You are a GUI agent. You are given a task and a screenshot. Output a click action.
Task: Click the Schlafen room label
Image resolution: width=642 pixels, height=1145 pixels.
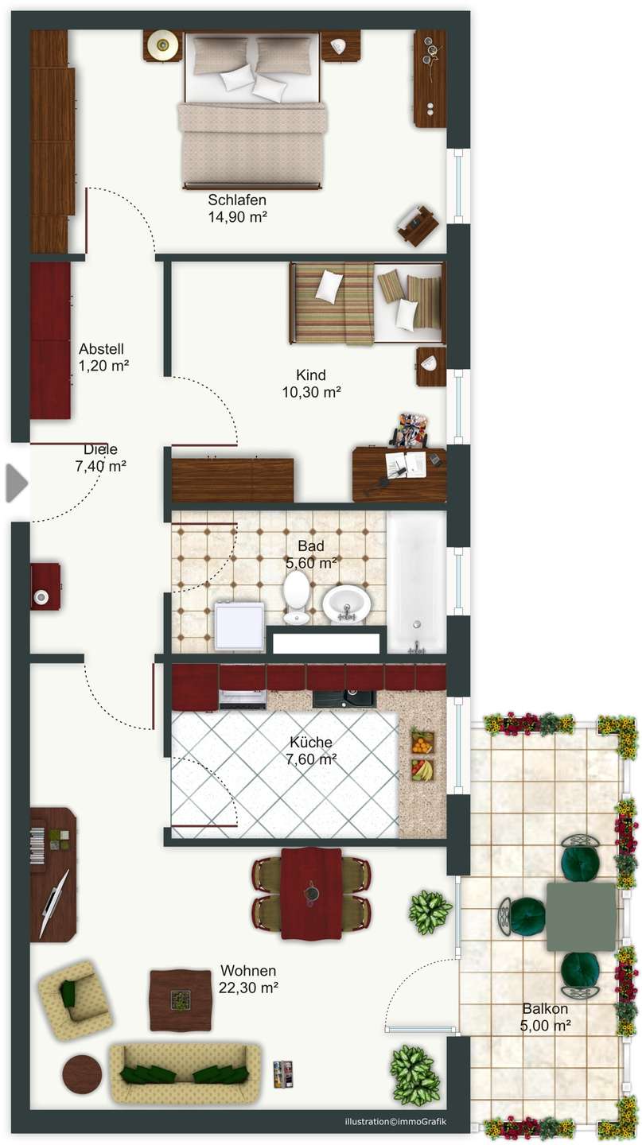coord(237,200)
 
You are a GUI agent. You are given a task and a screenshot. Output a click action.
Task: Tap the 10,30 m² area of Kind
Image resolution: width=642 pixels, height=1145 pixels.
coord(312,392)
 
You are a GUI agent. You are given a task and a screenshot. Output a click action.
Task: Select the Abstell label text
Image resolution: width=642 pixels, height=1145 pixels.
coord(101,349)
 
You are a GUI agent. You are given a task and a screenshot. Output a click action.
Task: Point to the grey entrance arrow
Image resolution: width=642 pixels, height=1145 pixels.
coord(17,483)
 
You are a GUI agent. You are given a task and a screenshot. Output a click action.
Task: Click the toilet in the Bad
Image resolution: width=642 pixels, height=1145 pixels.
coord(296,596)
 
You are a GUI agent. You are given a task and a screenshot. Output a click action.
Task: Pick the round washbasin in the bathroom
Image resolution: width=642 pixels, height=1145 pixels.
coord(346,604)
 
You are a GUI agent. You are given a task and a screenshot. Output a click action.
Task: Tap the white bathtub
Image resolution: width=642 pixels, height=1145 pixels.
coord(416,583)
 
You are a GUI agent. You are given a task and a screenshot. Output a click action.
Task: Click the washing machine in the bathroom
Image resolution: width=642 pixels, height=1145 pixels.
coord(239,626)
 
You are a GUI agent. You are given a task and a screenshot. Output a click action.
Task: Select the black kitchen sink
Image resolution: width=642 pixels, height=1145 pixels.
coord(344,699)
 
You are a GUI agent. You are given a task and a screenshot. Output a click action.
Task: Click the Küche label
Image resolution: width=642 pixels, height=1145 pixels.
coord(311,742)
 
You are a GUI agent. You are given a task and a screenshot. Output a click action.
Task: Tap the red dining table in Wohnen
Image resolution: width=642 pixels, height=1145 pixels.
coord(311,893)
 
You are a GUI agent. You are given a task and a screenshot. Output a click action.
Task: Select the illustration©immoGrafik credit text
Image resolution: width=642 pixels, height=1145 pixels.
coord(395,1121)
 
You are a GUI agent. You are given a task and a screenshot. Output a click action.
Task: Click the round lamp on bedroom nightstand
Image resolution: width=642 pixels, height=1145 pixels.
coord(163,45)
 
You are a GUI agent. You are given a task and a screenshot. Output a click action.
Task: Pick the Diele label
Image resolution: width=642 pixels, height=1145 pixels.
coord(101,449)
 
